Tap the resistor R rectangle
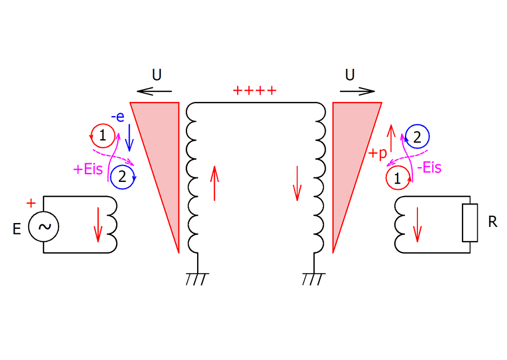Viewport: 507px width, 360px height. coord(469,223)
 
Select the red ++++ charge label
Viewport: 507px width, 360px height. coord(255,90)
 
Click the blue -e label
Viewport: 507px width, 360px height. coord(118,117)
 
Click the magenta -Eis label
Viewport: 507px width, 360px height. coord(429,167)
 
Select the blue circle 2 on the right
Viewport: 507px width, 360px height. coord(417,137)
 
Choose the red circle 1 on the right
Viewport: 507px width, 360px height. coord(398,179)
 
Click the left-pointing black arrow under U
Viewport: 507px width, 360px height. coord(154,90)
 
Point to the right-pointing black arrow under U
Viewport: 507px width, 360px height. coord(358,90)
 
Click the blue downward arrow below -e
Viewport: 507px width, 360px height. coord(128,138)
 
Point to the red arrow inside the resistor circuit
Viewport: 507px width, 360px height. coord(417,224)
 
